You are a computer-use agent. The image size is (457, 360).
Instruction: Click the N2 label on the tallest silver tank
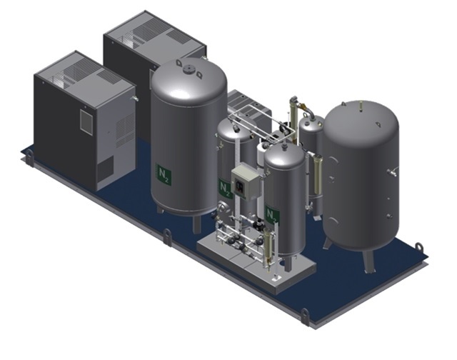164,174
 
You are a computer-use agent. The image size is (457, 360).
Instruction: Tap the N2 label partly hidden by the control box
226,189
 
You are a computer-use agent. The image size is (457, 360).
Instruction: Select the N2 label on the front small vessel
273,216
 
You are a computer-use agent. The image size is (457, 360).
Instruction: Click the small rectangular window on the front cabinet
86,121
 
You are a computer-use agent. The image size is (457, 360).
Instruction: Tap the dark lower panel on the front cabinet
105,169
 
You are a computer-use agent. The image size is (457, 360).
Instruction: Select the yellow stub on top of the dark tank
361,106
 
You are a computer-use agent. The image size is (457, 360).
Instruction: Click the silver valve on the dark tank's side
392,171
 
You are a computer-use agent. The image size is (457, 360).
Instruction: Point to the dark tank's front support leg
368,261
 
